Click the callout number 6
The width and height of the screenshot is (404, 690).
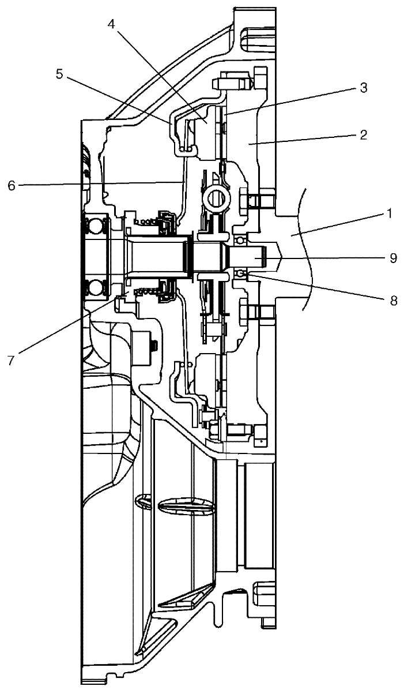click(x=12, y=185)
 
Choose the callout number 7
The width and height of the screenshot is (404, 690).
click(x=12, y=359)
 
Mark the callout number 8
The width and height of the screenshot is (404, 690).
click(x=394, y=301)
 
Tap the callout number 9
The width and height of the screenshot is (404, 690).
click(x=394, y=257)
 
